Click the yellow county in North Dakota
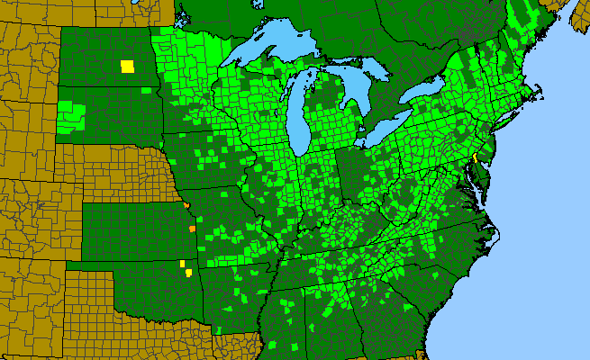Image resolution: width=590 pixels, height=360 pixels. click(x=127, y=66)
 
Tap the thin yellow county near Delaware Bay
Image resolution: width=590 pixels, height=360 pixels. click(x=475, y=157)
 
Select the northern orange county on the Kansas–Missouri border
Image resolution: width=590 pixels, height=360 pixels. click(x=186, y=206)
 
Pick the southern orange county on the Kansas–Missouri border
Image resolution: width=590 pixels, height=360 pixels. click(x=193, y=229)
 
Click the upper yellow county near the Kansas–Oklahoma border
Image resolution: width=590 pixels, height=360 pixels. click(x=183, y=264)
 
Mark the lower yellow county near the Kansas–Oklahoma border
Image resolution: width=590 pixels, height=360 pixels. click(x=189, y=272)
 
